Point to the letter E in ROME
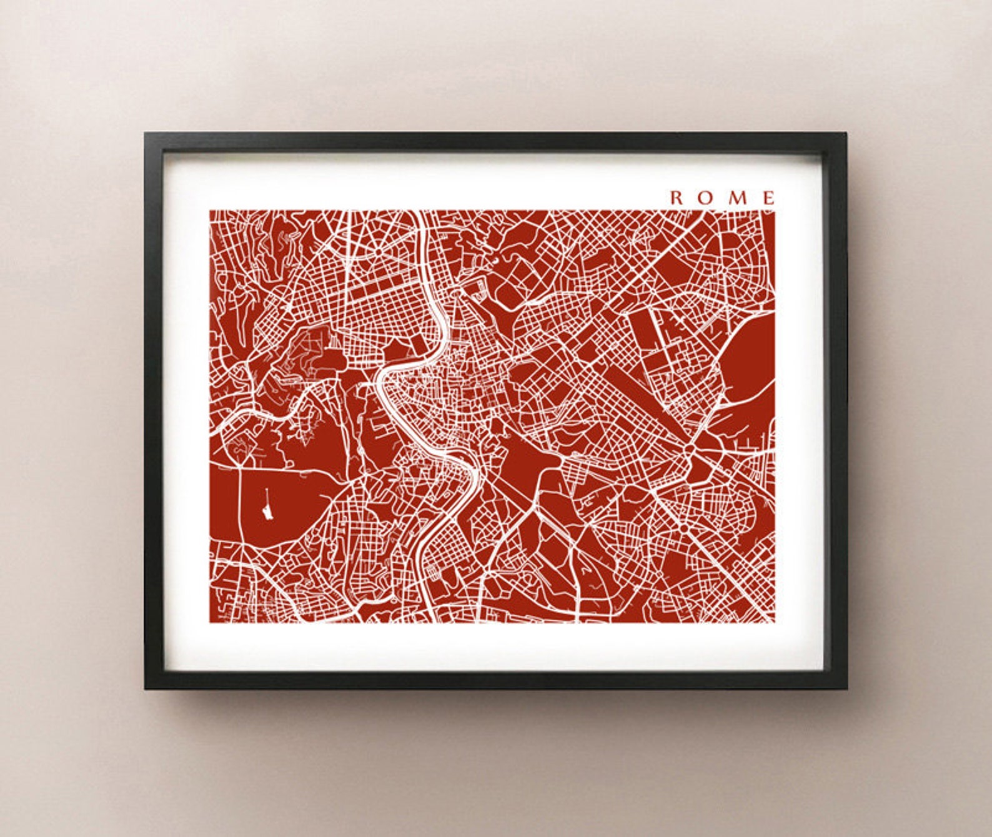pyautogui.click(x=768, y=198)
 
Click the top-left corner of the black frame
pyautogui.click(x=146, y=134)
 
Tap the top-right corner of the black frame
pyautogui.click(x=845, y=134)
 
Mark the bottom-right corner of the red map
pyautogui.click(x=774, y=622)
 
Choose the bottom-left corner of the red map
pyautogui.click(x=211, y=622)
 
